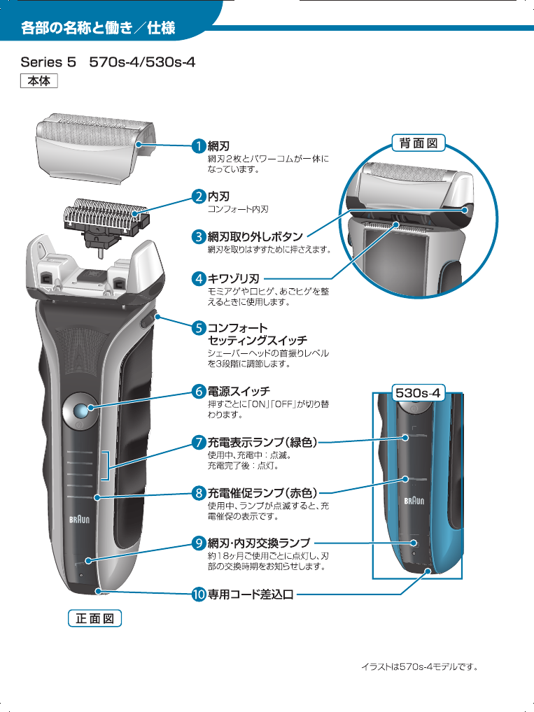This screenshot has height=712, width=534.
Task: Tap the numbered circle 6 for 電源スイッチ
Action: click(199, 390)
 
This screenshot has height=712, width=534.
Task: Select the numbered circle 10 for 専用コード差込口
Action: click(199, 594)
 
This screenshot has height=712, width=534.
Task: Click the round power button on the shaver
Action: click(80, 411)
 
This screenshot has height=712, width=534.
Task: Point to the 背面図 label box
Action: click(418, 143)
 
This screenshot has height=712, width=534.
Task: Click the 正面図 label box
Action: click(94, 618)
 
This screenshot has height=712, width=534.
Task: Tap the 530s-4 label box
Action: click(418, 392)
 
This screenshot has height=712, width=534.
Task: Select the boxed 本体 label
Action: click(38, 81)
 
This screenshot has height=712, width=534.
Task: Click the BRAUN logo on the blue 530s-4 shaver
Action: click(416, 501)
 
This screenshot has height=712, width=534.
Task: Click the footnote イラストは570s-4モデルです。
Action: click(419, 667)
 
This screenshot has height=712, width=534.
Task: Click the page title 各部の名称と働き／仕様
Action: click(98, 29)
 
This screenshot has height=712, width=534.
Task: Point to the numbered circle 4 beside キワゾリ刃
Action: click(199, 279)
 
